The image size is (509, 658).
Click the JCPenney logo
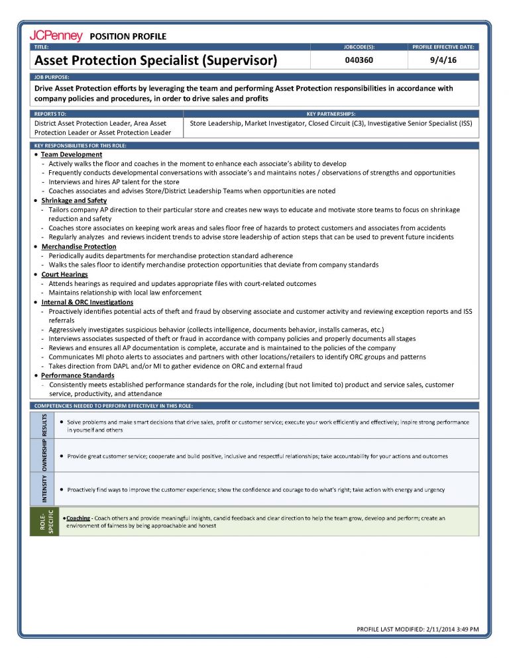[56, 36]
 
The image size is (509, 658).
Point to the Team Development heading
[72, 154]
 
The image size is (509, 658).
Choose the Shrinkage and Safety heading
[74, 200]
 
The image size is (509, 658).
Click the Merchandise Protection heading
[78, 246]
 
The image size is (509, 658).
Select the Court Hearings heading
[64, 274]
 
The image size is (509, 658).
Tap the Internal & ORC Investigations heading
[90, 301]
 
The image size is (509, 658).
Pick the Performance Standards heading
[78, 375]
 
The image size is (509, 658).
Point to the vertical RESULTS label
[44, 426]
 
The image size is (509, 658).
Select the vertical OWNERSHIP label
[44, 455]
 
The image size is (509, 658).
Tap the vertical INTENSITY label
[44, 489]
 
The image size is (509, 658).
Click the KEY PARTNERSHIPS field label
[331, 114]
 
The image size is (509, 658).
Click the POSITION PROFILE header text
[127, 36]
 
